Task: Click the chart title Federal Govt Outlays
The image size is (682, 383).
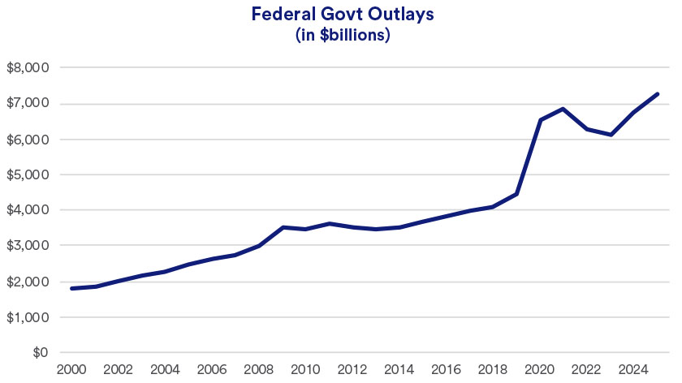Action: click(x=341, y=15)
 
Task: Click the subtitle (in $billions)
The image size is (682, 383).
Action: click(x=341, y=37)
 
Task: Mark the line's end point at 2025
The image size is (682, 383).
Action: click(x=657, y=94)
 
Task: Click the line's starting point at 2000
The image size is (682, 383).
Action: click(x=72, y=288)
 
